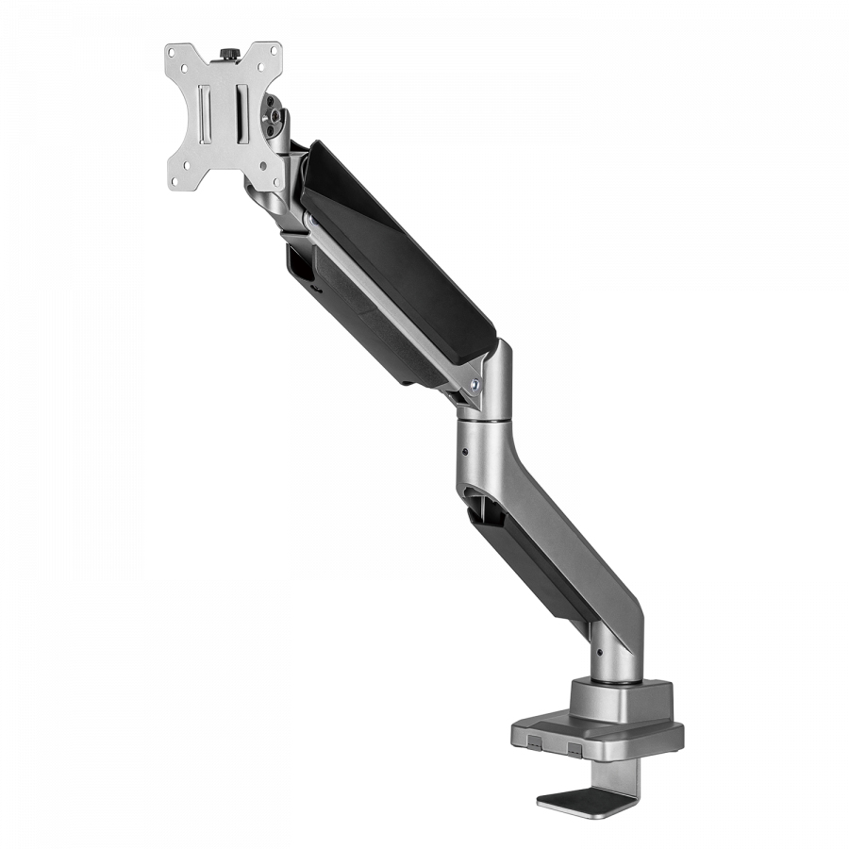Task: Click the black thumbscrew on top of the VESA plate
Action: click(x=229, y=53)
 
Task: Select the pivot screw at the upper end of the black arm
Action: click(x=308, y=220)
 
